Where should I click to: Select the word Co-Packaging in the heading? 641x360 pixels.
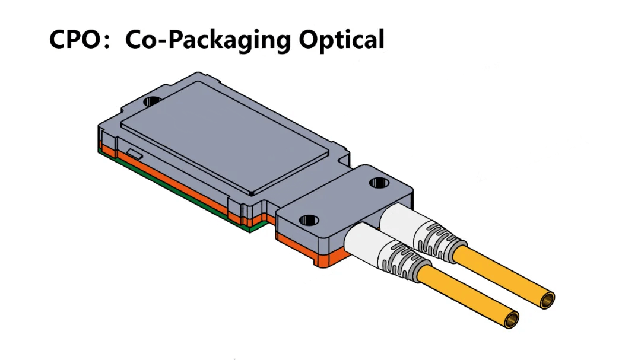pyautogui.click(x=208, y=40)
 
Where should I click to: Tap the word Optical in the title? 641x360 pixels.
pyautogui.click(x=341, y=40)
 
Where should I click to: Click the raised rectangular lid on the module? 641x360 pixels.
pyautogui.click(x=226, y=139)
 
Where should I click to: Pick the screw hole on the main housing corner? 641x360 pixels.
pyautogui.click(x=153, y=101)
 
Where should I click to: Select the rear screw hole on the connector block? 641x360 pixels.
pyautogui.click(x=377, y=183)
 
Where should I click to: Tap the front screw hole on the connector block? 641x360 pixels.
pyautogui.click(x=307, y=221)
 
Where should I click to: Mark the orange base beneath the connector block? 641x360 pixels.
pyautogui.click(x=315, y=252)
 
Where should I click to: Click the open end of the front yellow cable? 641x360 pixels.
pyautogui.click(x=510, y=320)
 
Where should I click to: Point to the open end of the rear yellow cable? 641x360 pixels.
pyautogui.click(x=546, y=300)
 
